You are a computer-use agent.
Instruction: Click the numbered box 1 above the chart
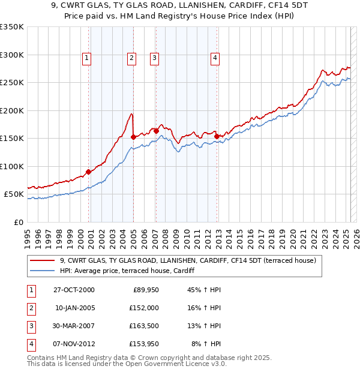point(87,58)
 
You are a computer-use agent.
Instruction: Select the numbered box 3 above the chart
point(154,58)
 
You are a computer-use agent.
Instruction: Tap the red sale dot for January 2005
point(133,137)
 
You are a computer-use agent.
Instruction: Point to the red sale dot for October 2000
point(89,172)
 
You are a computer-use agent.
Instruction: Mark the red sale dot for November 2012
point(217,136)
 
